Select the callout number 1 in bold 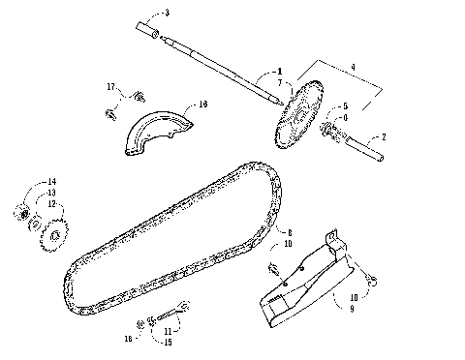279,71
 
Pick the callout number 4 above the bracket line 353,67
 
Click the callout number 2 384,137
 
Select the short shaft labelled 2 368,147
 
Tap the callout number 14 51,181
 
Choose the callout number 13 51,192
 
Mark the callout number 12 51,203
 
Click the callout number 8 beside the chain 289,232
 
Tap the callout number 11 171,330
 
